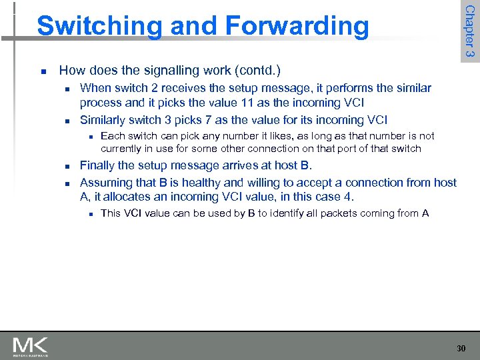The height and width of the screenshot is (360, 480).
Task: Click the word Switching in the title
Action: (90, 26)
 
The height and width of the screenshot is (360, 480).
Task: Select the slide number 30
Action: (461, 348)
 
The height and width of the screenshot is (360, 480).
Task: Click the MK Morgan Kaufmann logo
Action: (30, 347)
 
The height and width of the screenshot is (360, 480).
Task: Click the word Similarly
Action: (104, 120)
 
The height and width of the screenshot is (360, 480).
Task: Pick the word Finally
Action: (100, 165)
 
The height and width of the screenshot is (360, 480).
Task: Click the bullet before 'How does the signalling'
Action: (43, 71)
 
